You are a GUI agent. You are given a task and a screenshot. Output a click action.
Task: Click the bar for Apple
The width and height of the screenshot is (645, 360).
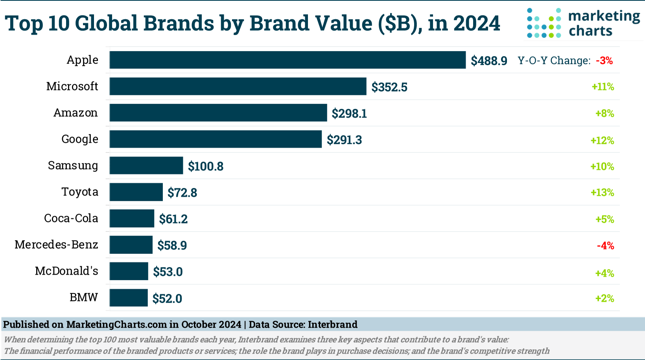point(287,60)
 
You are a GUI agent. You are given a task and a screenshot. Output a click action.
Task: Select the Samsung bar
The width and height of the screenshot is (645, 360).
point(146,165)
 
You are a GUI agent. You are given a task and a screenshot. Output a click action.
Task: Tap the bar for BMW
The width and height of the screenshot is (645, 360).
point(129,298)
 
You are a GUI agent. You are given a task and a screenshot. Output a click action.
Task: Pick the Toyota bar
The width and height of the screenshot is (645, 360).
point(136,192)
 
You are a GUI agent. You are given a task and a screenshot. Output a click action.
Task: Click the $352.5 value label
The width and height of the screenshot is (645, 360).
point(389,87)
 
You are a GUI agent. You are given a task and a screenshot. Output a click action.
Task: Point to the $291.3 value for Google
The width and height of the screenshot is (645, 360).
point(344,140)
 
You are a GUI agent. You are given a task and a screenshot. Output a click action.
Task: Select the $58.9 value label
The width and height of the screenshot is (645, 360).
point(172,245)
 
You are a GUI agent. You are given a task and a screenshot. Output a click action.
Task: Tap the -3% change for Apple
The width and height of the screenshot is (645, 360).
point(604,61)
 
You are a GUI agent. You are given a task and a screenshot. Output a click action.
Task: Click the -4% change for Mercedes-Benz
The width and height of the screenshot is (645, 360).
point(605,246)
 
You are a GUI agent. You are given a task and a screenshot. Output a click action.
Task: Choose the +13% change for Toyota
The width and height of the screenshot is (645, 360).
point(602,193)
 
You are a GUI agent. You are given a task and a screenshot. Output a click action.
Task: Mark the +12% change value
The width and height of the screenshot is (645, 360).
point(602,140)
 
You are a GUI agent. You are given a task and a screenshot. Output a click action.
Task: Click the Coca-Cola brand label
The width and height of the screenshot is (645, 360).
point(71,218)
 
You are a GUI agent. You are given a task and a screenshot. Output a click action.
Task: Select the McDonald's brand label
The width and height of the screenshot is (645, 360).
point(66,271)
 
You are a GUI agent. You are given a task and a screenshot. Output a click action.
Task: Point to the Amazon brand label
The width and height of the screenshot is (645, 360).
point(76,113)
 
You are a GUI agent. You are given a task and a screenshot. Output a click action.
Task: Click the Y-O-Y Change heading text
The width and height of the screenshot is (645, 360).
point(554,61)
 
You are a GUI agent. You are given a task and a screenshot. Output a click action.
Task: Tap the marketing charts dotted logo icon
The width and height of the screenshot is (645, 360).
point(544,24)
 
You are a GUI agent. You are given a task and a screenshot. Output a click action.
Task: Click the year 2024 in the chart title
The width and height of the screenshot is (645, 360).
point(476,23)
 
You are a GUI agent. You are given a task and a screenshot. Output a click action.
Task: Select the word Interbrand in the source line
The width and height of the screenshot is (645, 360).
point(332,325)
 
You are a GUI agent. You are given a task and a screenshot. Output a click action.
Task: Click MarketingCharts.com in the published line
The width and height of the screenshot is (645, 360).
point(116,325)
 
